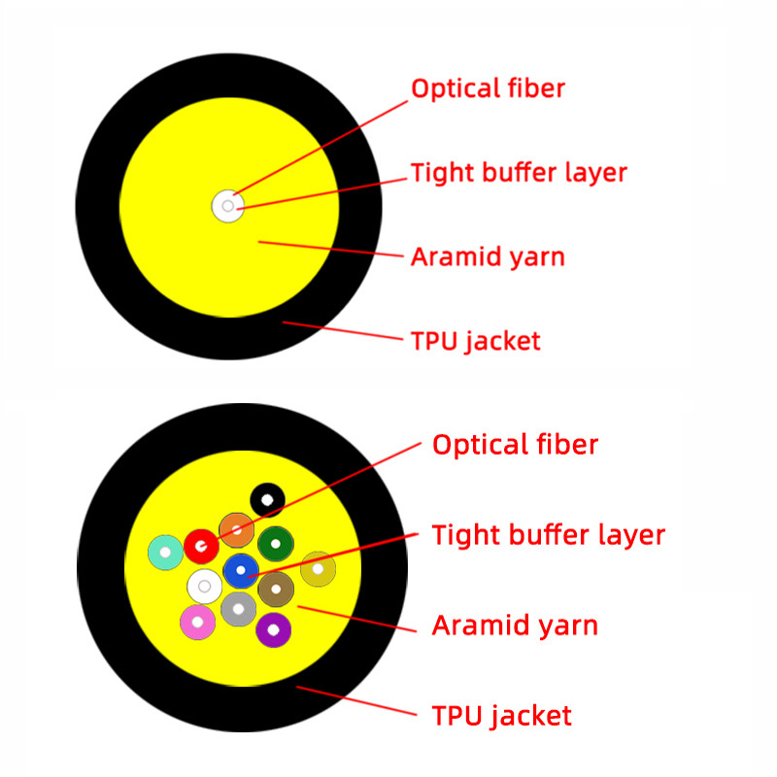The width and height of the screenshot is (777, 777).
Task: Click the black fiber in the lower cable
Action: click(267, 499)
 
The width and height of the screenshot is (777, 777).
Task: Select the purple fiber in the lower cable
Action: click(274, 630)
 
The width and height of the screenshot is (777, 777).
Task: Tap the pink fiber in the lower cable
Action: click(198, 622)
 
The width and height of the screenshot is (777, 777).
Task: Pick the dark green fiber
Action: click(276, 543)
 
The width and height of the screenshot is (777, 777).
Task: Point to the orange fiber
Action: click(237, 530)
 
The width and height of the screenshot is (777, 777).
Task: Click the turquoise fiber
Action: click(166, 553)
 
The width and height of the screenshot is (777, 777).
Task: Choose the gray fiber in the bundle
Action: click(238, 609)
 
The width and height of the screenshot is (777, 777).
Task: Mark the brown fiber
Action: click(276, 589)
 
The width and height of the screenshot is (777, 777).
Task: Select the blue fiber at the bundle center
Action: click(241, 569)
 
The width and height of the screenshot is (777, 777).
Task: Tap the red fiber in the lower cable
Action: click(201, 546)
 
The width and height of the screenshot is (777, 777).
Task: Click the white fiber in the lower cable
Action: click(204, 587)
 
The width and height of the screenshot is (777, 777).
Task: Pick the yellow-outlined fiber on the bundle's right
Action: click(318, 569)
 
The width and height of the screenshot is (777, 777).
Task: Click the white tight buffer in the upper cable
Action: click(227, 206)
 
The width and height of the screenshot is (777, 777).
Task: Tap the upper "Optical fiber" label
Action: click(488, 88)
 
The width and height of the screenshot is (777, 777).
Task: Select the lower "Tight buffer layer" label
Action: click(548, 534)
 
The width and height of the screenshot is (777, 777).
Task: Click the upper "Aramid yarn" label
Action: click(488, 257)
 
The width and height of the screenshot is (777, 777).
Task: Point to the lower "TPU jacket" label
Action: click(501, 717)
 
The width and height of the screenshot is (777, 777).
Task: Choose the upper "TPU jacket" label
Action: click(475, 341)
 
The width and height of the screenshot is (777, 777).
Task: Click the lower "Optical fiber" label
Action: click(515, 445)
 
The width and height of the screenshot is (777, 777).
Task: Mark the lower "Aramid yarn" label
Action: click(515, 625)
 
